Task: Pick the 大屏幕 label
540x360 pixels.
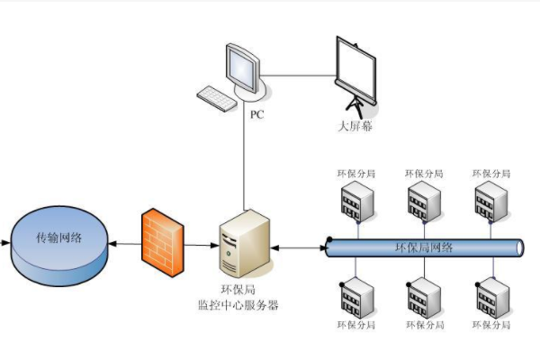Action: (x=355, y=126)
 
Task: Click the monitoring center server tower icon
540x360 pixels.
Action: (x=244, y=243)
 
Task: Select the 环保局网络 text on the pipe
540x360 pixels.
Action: (x=424, y=247)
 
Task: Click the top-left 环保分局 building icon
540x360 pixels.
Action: (x=354, y=202)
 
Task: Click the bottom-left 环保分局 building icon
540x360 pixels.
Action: (x=354, y=296)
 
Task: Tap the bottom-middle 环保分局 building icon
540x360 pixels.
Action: (x=422, y=296)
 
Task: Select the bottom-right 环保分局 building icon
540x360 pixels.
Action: (x=490, y=296)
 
